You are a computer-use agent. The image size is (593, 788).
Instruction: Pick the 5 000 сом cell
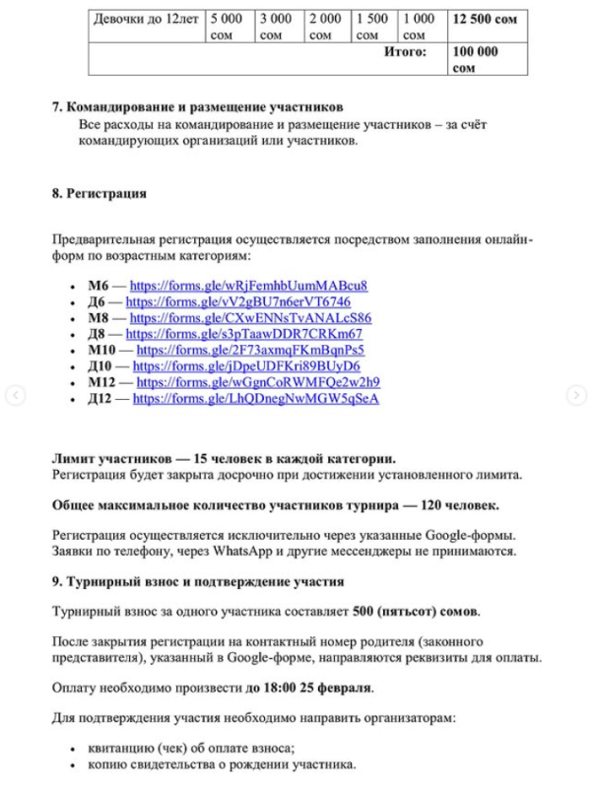point(229,27)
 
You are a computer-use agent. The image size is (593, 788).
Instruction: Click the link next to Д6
point(238,301)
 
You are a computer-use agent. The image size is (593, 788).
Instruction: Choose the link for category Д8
point(244,334)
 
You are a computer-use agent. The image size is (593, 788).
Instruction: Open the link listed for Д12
point(255,398)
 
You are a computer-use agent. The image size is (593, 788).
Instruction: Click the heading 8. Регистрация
point(99,194)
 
